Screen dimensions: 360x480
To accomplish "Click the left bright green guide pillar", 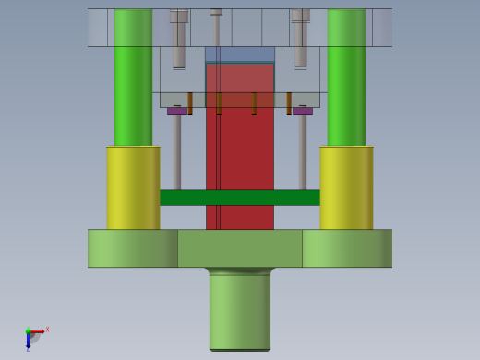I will tap(133, 78).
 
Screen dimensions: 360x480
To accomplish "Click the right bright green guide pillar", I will tap(346, 78).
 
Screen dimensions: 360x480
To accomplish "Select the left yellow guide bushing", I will tap(133, 187).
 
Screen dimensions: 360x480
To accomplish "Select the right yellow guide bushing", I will tap(346, 187).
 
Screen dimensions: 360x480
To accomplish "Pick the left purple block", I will tap(176, 111).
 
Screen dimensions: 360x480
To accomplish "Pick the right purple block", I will tap(303, 111).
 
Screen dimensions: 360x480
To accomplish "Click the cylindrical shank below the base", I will tap(240, 309).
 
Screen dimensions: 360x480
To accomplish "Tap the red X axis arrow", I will tap(38, 331).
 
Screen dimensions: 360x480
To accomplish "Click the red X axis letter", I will tap(47, 329).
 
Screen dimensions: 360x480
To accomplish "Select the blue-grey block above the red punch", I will tap(240, 54).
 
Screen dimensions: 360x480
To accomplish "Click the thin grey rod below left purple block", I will tap(176, 152).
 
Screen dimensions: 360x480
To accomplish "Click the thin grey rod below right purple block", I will tap(302, 152).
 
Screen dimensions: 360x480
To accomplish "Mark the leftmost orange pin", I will tap(190, 102).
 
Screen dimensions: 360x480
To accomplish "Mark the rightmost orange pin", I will tap(289, 102).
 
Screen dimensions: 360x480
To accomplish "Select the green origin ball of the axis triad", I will tap(28, 331).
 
